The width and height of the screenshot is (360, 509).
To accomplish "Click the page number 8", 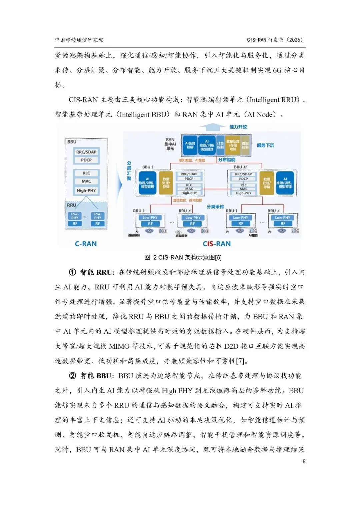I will click(x=304, y=461).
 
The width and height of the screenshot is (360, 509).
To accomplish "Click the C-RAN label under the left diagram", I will click(x=86, y=244).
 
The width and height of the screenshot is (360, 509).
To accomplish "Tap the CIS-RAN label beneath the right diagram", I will click(x=217, y=244).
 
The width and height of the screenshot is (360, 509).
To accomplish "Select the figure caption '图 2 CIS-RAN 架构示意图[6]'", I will click(x=183, y=257).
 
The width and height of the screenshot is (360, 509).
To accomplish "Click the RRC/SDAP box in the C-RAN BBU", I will click(x=86, y=152).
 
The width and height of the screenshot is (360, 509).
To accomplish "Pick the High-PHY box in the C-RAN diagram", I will click(x=86, y=190).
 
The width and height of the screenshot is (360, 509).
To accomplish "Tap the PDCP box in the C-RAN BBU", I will click(x=86, y=160).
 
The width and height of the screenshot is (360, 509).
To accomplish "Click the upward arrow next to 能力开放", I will click(x=212, y=127).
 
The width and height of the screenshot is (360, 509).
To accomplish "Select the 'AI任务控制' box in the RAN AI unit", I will click(x=190, y=145).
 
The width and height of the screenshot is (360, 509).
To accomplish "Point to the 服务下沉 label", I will click(x=265, y=145).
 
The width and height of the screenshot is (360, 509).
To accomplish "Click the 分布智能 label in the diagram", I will click(x=227, y=160).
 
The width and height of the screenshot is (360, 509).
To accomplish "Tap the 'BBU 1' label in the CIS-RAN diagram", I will click(x=148, y=167).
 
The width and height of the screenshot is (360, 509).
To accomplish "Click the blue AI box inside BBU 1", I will click(x=147, y=183).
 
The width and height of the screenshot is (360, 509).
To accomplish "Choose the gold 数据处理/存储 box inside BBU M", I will click(x=267, y=183).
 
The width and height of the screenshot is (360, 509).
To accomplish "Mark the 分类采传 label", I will click(x=215, y=207).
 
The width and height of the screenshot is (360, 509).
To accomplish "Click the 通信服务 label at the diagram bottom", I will click(x=134, y=235).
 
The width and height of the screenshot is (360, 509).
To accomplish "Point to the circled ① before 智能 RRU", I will click(x=73, y=272).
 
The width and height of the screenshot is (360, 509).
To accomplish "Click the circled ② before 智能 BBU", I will click(x=73, y=376).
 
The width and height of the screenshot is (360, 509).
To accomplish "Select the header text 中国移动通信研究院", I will click(x=79, y=40).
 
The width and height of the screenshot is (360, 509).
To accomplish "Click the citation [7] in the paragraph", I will click(x=240, y=361).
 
